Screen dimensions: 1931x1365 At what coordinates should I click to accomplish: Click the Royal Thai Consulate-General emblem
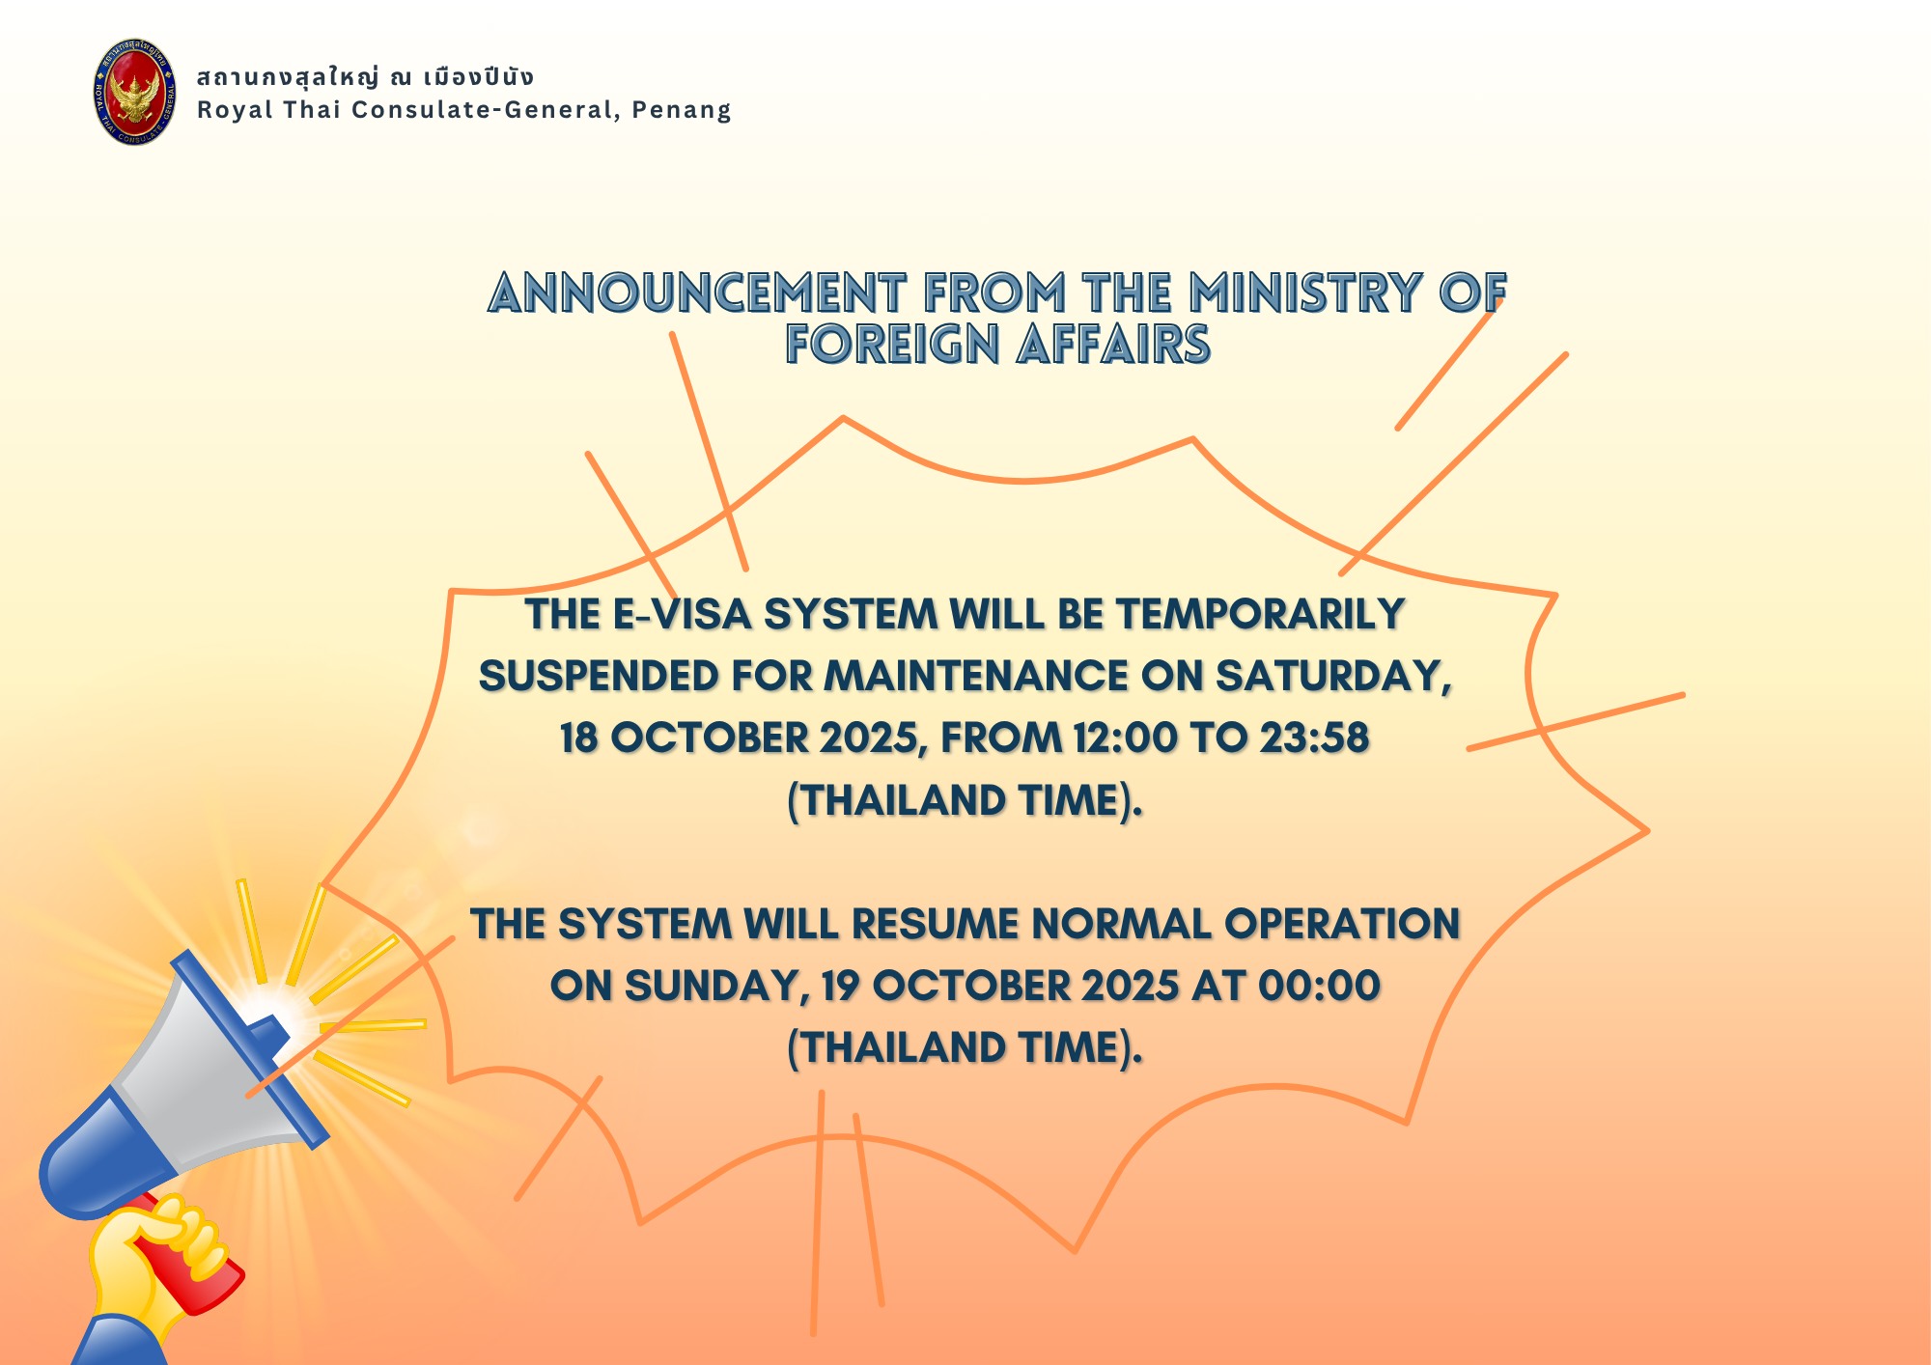(x=134, y=92)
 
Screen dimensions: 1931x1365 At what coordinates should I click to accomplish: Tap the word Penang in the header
(x=682, y=110)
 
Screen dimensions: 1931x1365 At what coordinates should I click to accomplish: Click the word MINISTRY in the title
(x=1305, y=292)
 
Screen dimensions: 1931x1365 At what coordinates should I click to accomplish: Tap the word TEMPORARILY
(x=1260, y=615)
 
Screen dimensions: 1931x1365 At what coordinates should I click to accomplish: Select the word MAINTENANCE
(x=975, y=676)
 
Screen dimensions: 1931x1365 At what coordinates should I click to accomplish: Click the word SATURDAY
(x=1333, y=677)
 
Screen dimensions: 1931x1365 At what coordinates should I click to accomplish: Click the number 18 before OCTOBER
(x=578, y=738)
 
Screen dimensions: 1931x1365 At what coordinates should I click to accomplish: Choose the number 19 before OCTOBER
(x=840, y=986)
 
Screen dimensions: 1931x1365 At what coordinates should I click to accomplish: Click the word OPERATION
(x=1342, y=924)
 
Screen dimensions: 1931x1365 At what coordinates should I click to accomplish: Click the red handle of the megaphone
(x=193, y=1255)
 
